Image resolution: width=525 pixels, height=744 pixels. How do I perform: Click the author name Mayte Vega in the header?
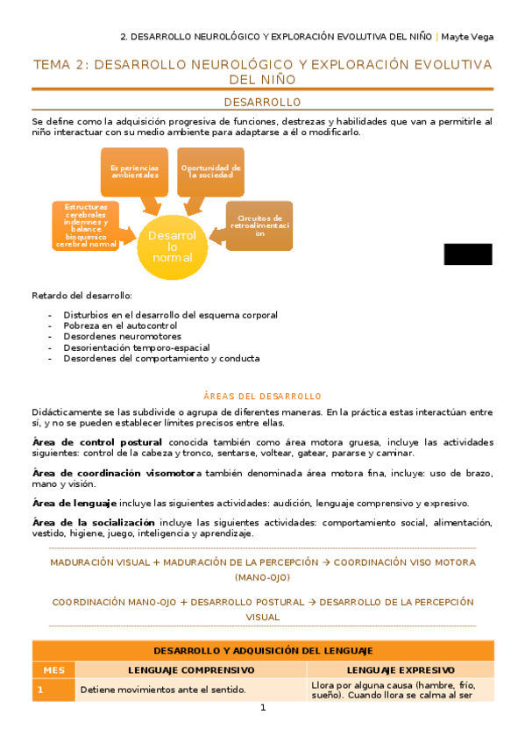(x=467, y=37)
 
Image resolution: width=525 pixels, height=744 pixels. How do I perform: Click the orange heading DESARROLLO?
(x=262, y=103)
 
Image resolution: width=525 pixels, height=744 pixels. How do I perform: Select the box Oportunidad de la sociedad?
(x=210, y=171)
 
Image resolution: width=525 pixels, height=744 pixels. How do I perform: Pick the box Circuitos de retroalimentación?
(x=259, y=225)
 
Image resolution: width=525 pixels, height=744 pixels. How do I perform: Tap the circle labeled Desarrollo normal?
(x=172, y=246)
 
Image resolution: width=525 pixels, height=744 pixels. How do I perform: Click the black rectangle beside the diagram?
(x=467, y=254)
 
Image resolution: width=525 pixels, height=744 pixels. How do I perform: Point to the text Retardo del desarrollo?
(x=82, y=295)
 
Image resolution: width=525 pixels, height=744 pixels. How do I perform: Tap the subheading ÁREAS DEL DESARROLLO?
(x=262, y=396)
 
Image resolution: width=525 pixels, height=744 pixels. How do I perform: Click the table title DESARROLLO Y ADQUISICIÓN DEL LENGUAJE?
(x=263, y=650)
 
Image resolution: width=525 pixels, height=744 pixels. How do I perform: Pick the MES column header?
(x=53, y=669)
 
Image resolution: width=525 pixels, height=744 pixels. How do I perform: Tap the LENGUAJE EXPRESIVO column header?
(x=401, y=669)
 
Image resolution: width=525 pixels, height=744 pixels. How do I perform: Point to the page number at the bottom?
(x=262, y=709)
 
